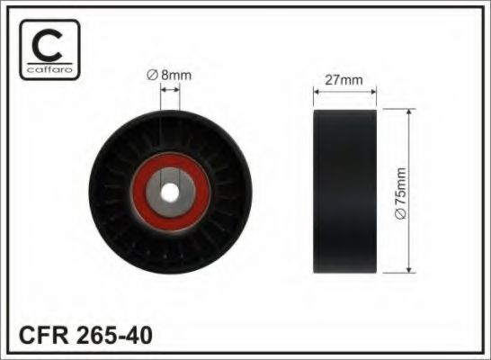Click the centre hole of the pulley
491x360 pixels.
pyautogui.click(x=168, y=192)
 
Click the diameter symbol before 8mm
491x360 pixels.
pyautogui.click(x=153, y=76)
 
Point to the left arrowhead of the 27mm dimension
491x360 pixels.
pyautogui.click(x=316, y=89)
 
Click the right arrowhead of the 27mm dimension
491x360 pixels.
pyautogui.click(x=372, y=89)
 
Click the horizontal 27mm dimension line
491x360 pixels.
pyautogui.click(x=344, y=89)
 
